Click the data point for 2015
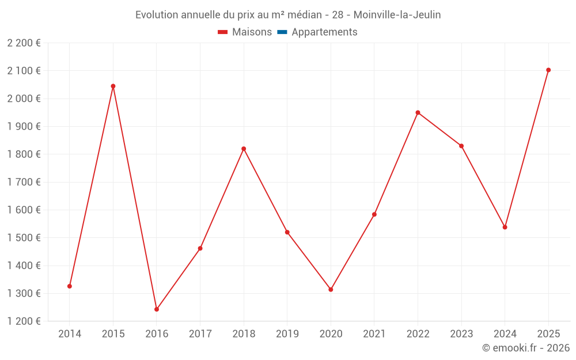click(x=113, y=86)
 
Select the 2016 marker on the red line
click(x=157, y=309)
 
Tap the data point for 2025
click(x=548, y=70)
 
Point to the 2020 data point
click(x=331, y=289)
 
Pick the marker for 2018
click(x=244, y=149)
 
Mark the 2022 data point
click(x=418, y=112)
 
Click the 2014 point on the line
click(x=70, y=286)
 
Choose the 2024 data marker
click(x=505, y=227)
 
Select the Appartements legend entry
click(x=324, y=32)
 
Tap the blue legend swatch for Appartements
click(x=282, y=32)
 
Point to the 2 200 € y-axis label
click(x=24, y=43)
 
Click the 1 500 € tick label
click(x=24, y=238)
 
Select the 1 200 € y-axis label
click(x=24, y=321)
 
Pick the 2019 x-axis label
click(x=287, y=334)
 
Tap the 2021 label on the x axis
click(x=374, y=334)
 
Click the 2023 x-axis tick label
click(x=461, y=334)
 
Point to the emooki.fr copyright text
click(x=526, y=348)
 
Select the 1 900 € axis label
click(x=24, y=126)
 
